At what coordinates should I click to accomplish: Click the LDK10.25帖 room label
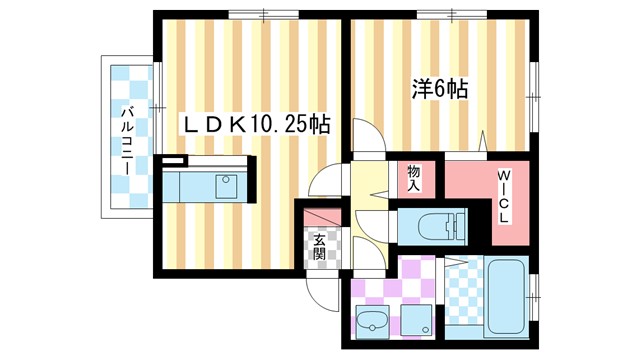coord(256,125)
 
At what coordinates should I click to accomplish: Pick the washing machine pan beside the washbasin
coord(418,322)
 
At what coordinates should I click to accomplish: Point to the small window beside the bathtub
coord(534,296)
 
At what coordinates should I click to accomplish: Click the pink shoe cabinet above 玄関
coord(318,218)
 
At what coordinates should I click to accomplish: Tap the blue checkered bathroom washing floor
coord(461,296)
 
